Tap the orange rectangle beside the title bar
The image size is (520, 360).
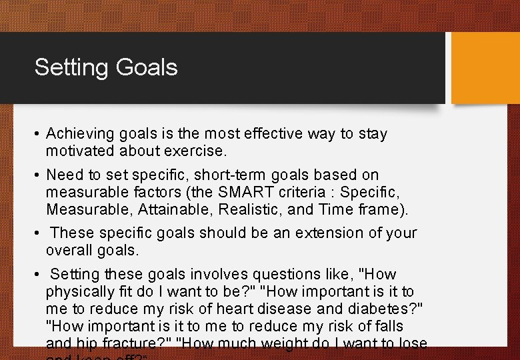pyautogui.click(x=485, y=67)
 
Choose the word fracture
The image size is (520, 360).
pyautogui.click(x=123, y=344)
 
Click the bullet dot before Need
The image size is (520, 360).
pyautogui.click(x=37, y=175)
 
